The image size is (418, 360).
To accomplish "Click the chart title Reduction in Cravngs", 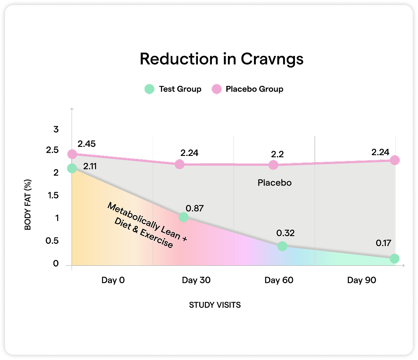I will tap(221, 59).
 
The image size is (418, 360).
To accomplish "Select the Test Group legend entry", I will tap(173, 89).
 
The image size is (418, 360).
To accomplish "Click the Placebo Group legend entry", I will tap(247, 89).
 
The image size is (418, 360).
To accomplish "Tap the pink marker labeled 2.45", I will tap(72, 154).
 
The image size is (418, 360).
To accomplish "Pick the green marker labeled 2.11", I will tap(72, 168).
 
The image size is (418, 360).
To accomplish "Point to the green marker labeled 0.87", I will tap(183, 217).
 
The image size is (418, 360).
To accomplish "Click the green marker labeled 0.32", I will tap(282, 246).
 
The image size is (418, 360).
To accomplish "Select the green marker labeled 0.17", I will tap(394, 258).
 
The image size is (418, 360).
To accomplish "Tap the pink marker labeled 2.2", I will tap(273, 165).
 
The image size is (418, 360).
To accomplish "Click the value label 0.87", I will tap(195, 208).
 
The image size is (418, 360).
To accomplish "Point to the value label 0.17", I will tap(383, 243).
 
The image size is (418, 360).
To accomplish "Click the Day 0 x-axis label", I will tap(113, 281).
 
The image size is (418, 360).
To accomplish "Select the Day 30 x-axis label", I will tap(196, 281).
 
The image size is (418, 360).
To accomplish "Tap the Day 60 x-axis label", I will tap(279, 281).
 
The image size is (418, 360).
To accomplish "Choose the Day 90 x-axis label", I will tap(361, 281).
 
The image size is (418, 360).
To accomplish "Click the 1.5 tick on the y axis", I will tap(53, 195).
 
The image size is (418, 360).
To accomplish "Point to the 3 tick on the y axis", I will tap(56, 130).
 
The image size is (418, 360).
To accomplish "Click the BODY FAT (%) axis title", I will tap(28, 204).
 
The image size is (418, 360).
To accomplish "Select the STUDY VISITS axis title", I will tap(215, 305).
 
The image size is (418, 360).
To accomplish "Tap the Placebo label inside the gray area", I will tap(274, 183).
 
